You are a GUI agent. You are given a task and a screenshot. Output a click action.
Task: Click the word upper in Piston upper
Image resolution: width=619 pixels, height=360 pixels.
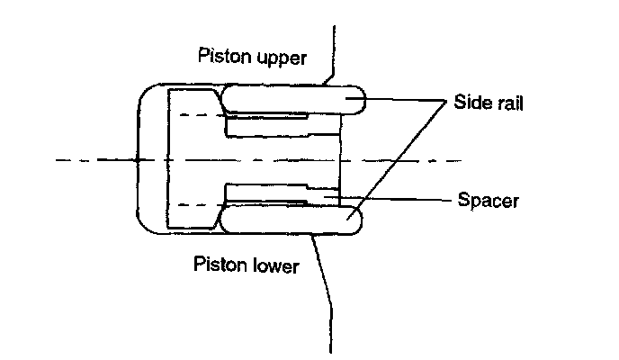click(280, 58)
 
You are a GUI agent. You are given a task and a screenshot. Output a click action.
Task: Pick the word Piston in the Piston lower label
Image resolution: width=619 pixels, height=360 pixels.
click(219, 265)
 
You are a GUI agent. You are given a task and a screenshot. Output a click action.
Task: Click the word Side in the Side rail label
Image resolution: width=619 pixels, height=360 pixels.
click(471, 103)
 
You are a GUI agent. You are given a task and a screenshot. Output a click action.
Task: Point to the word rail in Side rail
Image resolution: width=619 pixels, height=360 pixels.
click(508, 103)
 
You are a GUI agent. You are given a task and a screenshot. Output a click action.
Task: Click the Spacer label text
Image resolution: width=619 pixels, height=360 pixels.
click(488, 200)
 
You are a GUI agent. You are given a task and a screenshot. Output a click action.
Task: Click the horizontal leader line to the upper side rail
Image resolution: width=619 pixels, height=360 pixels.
click(405, 99)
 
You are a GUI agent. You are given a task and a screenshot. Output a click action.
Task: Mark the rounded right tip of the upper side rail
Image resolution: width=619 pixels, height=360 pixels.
click(361, 99)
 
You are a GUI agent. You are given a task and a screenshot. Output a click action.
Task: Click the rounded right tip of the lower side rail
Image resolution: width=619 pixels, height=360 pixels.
click(361, 220)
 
